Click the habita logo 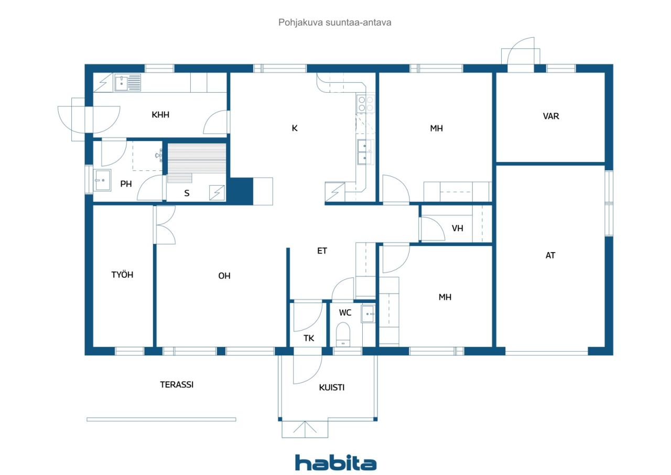coord(335,463)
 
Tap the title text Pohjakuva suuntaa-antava coord(334,23)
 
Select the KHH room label coord(160,115)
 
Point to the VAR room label coord(551,116)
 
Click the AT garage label coord(550,255)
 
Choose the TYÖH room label coord(122,274)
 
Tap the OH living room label coord(224,276)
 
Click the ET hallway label coord(322,251)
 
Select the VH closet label coord(458,229)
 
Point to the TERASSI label coord(177,384)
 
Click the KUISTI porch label coord(332,387)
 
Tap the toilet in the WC coord(343,334)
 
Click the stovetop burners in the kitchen coord(366,104)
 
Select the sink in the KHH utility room coord(127,83)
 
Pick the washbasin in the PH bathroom coord(102,180)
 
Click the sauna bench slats coord(197,159)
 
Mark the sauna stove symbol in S coord(217,192)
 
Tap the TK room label coord(309,338)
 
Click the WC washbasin coord(368,314)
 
